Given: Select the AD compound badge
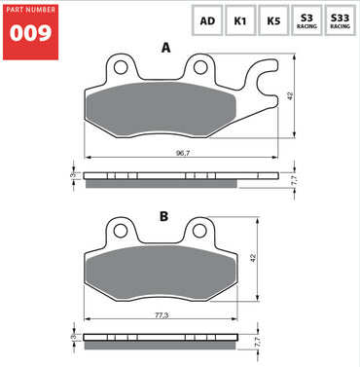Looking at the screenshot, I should point(207,20).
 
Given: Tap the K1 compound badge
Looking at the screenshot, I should point(239,20).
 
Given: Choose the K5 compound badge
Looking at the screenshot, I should point(273,20).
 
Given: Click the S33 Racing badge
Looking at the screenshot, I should point(341,20).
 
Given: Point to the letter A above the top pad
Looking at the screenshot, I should point(165,47).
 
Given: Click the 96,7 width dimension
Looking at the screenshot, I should point(182,153).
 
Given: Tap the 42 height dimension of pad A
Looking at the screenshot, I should point(290,95).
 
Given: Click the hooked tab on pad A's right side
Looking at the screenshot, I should point(261,78).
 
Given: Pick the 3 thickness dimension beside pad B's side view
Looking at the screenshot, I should point(72,340).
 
